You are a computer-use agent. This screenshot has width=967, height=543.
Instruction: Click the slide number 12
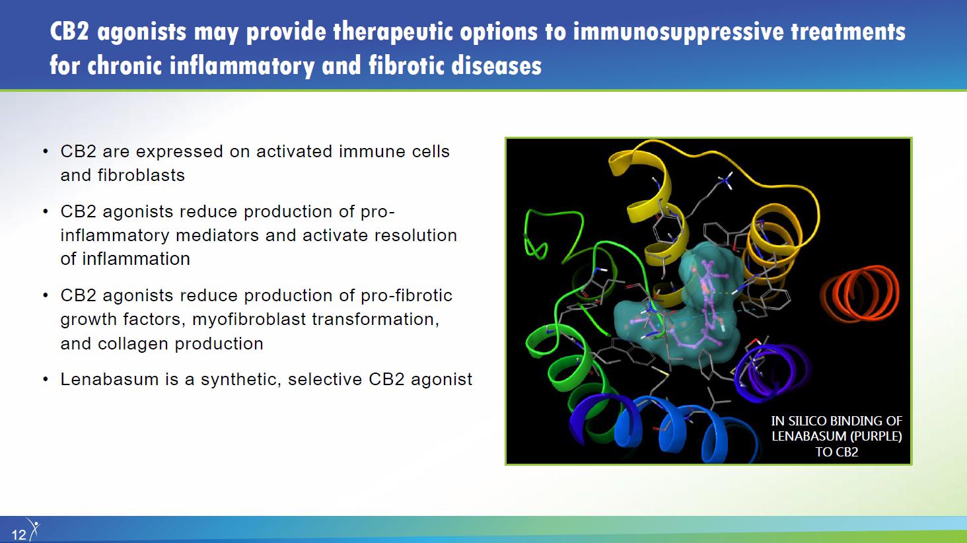coord(18,535)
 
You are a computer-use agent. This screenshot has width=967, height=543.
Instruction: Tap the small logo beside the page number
coord(33,528)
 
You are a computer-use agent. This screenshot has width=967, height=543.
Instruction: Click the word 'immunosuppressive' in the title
coord(678,32)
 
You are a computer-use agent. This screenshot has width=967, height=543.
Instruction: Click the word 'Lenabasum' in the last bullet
coord(109,379)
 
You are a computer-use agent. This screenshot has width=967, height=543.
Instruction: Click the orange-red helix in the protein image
coord(859,294)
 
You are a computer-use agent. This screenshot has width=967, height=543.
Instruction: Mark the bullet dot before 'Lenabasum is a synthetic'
coord(46,380)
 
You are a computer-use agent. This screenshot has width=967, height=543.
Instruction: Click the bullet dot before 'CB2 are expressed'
coord(46,152)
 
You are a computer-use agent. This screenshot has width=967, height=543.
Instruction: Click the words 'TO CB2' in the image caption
coord(837,452)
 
